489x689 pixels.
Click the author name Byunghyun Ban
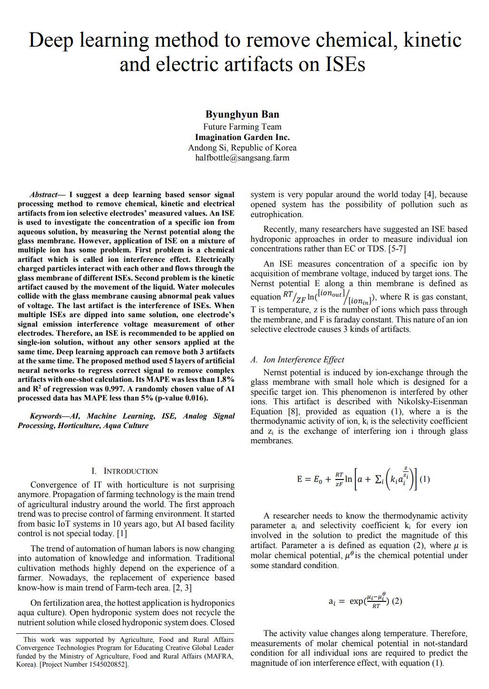pyautogui.click(x=242, y=114)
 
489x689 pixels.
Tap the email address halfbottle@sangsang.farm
pyautogui.click(x=242, y=158)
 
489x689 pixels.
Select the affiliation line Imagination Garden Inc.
pyautogui.click(x=242, y=137)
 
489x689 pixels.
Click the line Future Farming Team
pyautogui.click(x=242, y=127)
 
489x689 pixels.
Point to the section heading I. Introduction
pyautogui.click(x=125, y=471)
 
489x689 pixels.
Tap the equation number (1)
pyautogui.click(x=425, y=479)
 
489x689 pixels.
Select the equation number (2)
pyautogui.click(x=397, y=601)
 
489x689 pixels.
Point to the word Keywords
pyautogui.click(x=46, y=416)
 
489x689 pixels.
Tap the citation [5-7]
pyautogui.click(x=397, y=249)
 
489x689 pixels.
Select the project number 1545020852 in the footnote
pyautogui.click(x=107, y=664)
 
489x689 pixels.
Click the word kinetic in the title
pyautogui.click(x=432, y=40)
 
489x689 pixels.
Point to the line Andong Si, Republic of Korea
pyautogui.click(x=242, y=148)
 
